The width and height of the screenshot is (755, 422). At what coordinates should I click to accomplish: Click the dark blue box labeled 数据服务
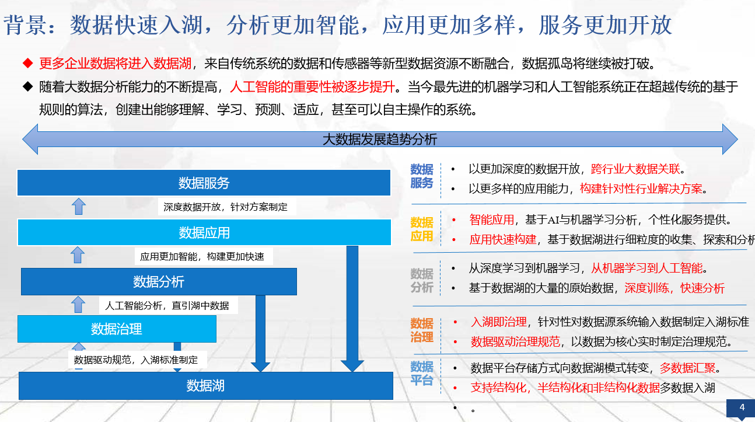click(x=204, y=183)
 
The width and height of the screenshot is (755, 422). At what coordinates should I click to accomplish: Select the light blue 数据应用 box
click(x=204, y=232)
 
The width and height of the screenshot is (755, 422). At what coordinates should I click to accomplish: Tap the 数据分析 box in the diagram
click(x=159, y=281)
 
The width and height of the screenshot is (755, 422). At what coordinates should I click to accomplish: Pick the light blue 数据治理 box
click(x=117, y=329)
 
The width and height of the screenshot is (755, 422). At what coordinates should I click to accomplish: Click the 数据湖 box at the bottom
click(x=205, y=386)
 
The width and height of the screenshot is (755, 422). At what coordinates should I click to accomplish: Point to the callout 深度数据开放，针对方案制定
click(x=225, y=207)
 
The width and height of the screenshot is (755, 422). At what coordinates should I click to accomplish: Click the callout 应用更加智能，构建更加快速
click(x=202, y=256)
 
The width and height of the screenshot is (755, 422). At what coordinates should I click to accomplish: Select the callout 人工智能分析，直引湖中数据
click(x=167, y=305)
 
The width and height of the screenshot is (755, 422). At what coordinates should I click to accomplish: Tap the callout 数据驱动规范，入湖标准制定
click(x=136, y=360)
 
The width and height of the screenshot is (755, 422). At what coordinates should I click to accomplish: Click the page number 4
click(x=742, y=407)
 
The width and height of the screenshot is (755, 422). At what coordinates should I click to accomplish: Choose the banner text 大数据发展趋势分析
click(x=380, y=139)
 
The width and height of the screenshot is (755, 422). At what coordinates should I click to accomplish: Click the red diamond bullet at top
click(x=27, y=63)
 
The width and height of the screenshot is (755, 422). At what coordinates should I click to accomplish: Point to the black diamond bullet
click(x=27, y=86)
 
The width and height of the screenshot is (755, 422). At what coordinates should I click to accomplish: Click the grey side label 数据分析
click(x=422, y=280)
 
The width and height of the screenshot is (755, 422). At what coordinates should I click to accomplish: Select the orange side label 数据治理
click(x=422, y=330)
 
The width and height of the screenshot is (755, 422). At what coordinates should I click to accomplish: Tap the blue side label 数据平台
click(x=422, y=373)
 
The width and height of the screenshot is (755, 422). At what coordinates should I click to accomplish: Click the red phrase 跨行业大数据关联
click(x=635, y=169)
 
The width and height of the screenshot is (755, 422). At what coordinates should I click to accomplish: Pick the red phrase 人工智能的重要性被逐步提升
click(x=313, y=86)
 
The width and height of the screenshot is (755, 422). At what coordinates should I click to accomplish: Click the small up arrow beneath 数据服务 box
click(x=79, y=206)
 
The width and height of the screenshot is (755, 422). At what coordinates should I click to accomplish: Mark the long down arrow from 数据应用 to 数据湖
click(x=352, y=309)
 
